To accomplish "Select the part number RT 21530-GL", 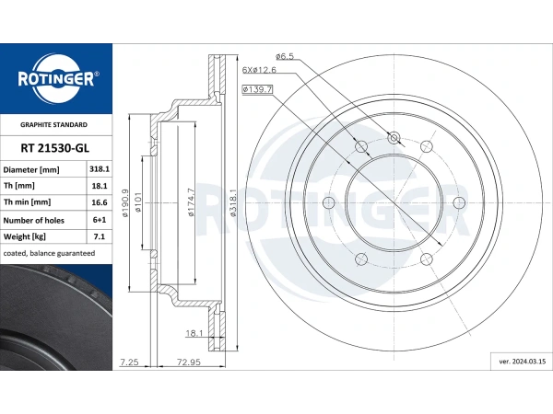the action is [x=54, y=148].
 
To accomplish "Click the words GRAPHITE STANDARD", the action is [x=53, y=124].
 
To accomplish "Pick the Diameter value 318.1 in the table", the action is [x=100, y=169].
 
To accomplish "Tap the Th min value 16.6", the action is [x=100, y=202].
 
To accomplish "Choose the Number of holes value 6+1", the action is [x=100, y=220].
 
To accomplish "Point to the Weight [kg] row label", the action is [x=24, y=236].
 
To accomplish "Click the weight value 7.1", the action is [x=100, y=236].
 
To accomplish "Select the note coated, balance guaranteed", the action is [x=49, y=253].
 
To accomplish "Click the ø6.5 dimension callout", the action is [x=285, y=56].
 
